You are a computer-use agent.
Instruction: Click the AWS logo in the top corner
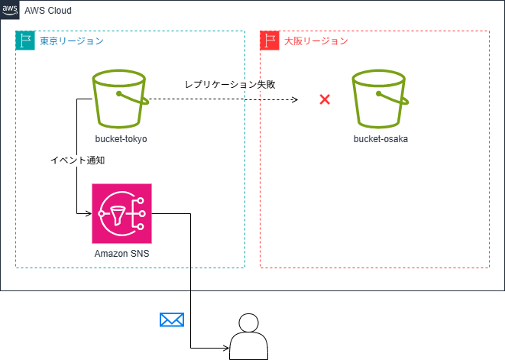pos(10,10)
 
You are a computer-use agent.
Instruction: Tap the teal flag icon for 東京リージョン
pos(25,41)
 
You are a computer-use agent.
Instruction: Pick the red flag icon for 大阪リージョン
pos(270,41)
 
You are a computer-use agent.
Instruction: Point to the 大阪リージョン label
pos(316,41)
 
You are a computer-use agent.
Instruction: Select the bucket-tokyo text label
pos(121,140)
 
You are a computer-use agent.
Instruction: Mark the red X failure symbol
pos(325,99)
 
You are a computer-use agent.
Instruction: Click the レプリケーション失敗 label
pos(230,84)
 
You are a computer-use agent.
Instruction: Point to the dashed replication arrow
pos(222,99)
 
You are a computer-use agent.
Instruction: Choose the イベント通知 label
pos(77,161)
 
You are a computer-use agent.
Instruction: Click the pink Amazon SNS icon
pos(121,213)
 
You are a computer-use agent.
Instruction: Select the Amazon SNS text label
pos(121,254)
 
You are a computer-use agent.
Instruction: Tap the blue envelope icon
pos(172,319)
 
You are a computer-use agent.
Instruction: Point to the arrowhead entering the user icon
pos(226,349)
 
